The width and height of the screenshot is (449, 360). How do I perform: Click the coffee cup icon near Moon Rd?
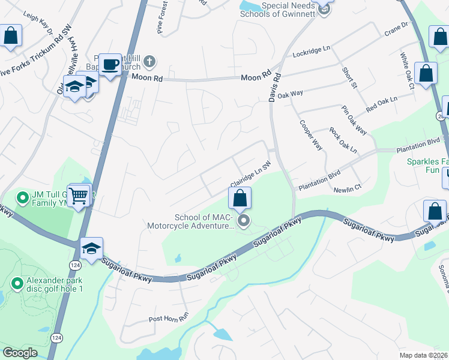(110, 64)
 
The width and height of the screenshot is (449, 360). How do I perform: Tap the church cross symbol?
(148, 61)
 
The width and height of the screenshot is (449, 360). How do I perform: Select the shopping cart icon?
(79, 195)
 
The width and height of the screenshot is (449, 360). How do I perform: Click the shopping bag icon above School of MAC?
(240, 198)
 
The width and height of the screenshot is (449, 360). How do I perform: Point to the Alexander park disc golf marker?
(17, 281)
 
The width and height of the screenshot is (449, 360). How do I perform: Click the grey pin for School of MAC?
(244, 222)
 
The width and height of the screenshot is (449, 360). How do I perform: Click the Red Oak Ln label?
(382, 104)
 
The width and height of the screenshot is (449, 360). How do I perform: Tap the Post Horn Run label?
(169, 318)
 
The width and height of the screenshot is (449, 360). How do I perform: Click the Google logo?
(20, 353)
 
